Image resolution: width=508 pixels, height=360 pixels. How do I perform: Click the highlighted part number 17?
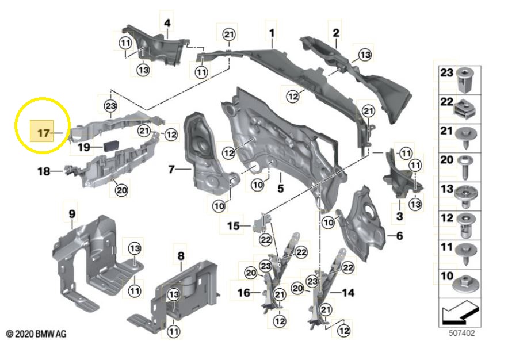coord(44,133)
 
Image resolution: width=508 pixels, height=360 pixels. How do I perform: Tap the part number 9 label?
coord(72,214)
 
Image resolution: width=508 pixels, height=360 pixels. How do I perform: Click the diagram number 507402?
coord(461,333)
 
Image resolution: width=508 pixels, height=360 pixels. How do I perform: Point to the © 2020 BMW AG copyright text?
coord(36,334)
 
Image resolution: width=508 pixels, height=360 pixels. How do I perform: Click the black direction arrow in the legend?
coord(460,313)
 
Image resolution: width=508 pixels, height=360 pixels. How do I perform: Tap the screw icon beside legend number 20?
coord(465,167)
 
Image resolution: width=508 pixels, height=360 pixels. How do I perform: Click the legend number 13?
coord(447,189)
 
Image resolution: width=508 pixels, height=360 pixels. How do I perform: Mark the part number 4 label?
coord(167,23)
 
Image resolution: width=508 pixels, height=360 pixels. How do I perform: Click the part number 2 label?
coord(336,33)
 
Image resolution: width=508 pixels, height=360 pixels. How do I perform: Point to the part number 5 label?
coord(281,188)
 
